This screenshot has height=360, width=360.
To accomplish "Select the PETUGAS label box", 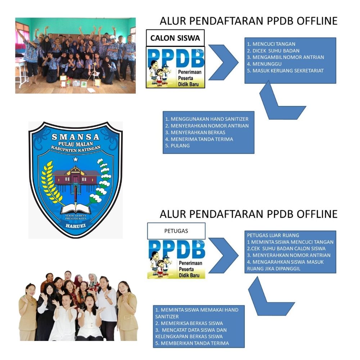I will click(x=176, y=231).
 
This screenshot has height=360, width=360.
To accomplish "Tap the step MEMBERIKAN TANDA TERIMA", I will click(x=192, y=343).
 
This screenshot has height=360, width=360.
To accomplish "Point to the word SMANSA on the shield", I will click(x=75, y=137).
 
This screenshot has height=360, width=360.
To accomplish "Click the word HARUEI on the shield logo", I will click(x=75, y=225).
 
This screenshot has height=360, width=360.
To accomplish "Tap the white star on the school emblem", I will click(x=75, y=159).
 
